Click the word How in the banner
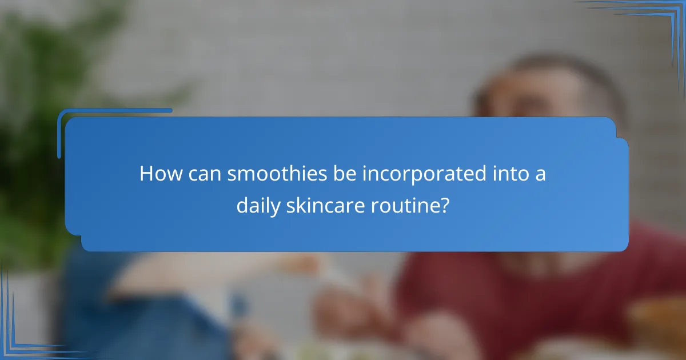(158, 174)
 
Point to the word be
(346, 174)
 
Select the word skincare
(322, 205)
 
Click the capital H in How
(146, 174)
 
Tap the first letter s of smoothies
(232, 175)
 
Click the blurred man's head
(543, 91)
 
